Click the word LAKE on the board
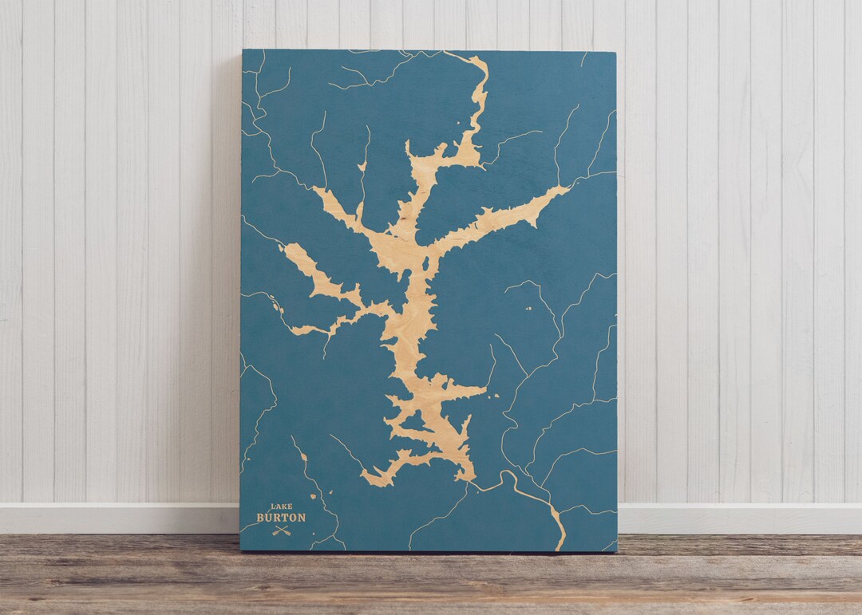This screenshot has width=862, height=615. click(x=280, y=506)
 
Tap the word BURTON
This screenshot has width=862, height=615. click(x=280, y=517)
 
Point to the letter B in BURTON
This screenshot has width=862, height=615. click(x=260, y=517)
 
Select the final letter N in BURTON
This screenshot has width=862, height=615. click(x=301, y=517)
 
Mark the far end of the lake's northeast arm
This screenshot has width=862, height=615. click(x=568, y=189)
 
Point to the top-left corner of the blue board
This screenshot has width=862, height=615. click(x=243, y=50)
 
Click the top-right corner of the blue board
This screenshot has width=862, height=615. click(x=615, y=53)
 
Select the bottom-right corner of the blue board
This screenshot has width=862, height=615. click(x=617, y=551)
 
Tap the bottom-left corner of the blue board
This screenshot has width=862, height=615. click(x=240, y=550)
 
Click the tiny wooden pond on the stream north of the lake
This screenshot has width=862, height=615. click(x=362, y=166)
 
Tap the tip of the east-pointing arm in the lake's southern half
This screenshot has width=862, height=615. click(x=485, y=390)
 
